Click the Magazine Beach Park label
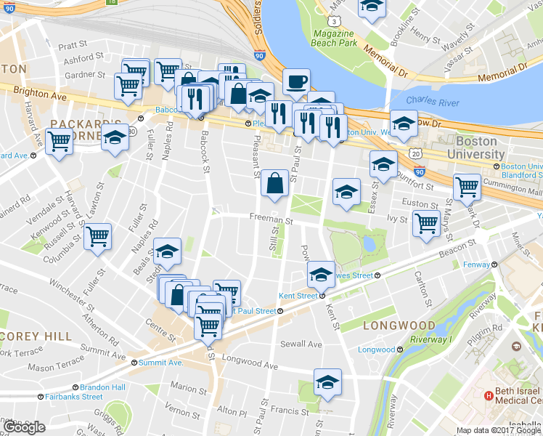click(x=335, y=39)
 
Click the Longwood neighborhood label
click(x=399, y=325)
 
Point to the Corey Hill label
click(x=36, y=336)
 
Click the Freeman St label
click(x=270, y=217)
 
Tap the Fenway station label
click(x=478, y=265)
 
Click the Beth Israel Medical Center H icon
click(x=489, y=396)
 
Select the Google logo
click(x=25, y=427)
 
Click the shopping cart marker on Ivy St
click(x=426, y=222)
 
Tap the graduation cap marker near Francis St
click(x=327, y=382)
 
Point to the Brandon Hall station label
click(x=102, y=387)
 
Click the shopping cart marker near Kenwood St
click(x=97, y=235)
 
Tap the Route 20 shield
click(x=414, y=154)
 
